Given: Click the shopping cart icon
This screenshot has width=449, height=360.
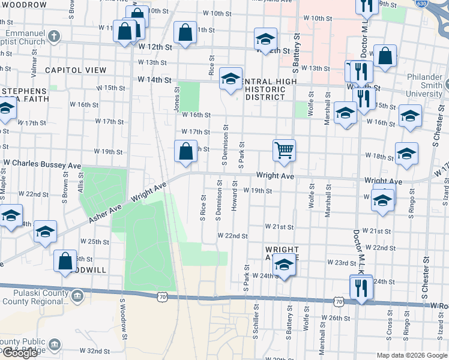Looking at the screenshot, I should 283,149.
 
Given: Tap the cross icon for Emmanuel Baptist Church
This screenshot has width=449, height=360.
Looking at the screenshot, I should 53,35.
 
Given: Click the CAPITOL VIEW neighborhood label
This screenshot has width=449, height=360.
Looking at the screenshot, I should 71,70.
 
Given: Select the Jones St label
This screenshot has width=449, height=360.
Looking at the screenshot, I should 177,100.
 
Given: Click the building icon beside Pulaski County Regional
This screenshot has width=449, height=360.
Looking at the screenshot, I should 77,296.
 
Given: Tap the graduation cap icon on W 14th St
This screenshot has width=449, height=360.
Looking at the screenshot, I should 231,79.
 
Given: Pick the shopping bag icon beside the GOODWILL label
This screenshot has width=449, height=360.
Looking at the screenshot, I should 65,261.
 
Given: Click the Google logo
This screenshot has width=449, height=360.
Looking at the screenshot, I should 20,353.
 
